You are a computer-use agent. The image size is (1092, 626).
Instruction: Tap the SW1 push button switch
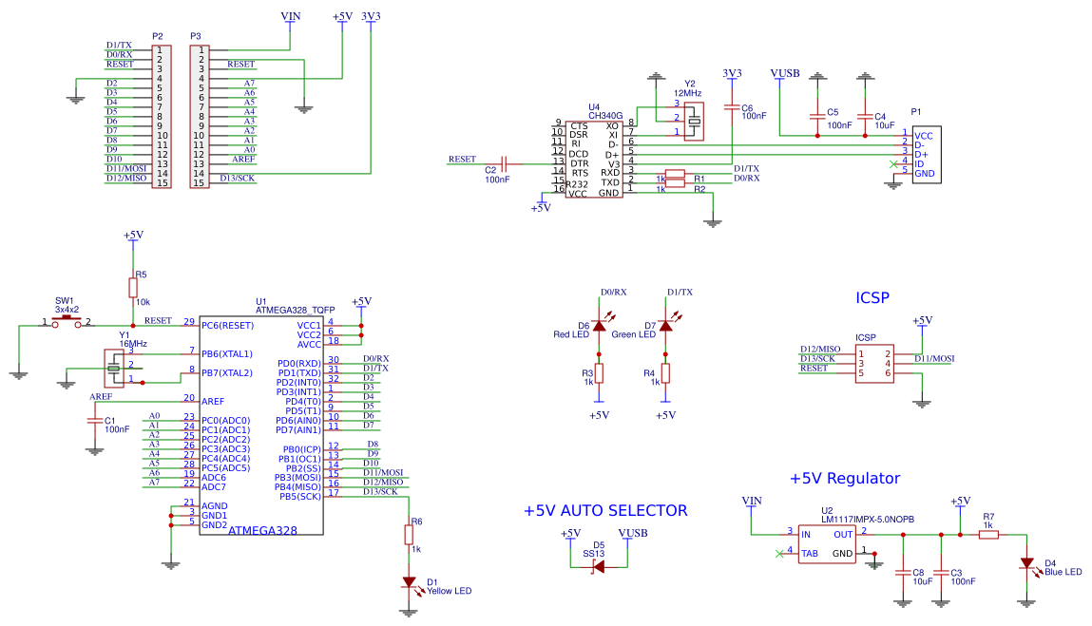coord(66,323)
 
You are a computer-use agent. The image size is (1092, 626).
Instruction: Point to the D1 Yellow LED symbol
coord(409,581)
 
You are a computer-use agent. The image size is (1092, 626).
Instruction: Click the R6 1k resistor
coord(409,535)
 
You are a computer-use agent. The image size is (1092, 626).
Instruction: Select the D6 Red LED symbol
coord(599,326)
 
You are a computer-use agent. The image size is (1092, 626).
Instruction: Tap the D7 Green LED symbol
coord(665,326)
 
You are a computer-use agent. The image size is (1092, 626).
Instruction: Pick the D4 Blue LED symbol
coord(1025,563)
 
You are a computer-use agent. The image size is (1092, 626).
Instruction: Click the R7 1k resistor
coord(988,535)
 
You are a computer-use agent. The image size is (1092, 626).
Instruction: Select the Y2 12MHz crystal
coord(695,118)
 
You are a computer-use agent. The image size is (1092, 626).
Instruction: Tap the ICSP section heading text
coord(872,297)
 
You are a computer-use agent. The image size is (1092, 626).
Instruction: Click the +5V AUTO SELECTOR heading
coord(604,510)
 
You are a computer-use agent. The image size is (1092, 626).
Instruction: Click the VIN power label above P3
coord(293,16)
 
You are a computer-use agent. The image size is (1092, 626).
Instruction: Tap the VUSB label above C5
coord(784,73)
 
